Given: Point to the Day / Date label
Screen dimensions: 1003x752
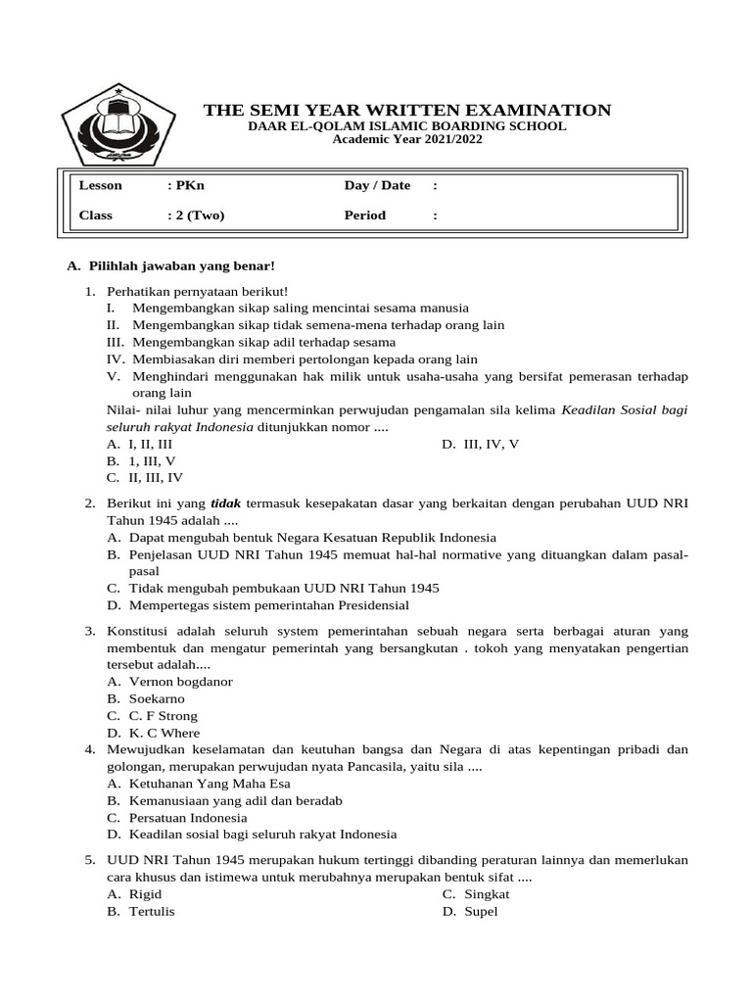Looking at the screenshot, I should [x=377, y=186].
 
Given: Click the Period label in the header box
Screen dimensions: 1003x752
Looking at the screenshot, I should [x=365, y=215].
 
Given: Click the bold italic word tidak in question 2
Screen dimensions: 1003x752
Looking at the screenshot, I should [x=227, y=503].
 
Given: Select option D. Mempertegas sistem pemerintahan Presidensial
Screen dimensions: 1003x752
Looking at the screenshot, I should [x=258, y=605].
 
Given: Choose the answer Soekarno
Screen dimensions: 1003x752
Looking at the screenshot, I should [x=157, y=698].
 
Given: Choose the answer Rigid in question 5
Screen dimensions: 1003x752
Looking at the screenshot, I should [x=145, y=894].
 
